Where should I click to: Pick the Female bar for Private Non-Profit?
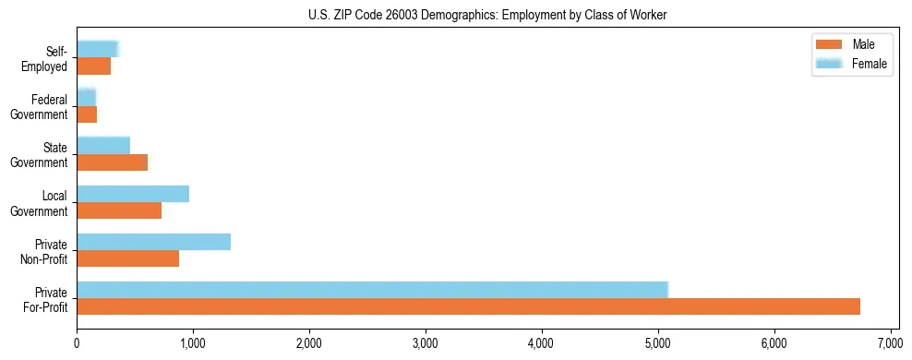pos(153,242)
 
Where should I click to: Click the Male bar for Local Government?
pos(119,210)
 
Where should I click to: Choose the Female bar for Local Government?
pos(133,194)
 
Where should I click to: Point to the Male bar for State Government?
pos(112,162)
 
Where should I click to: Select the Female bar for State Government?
pos(103,145)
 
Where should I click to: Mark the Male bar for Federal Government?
pos(87,114)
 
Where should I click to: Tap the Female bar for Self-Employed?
pos(97,49)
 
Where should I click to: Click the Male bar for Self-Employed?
pos(93,66)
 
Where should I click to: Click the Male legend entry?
pos(850,44)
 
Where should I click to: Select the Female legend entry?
pos(850,64)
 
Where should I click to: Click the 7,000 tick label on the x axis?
pos(890,343)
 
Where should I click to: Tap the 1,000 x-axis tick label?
pos(193,343)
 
